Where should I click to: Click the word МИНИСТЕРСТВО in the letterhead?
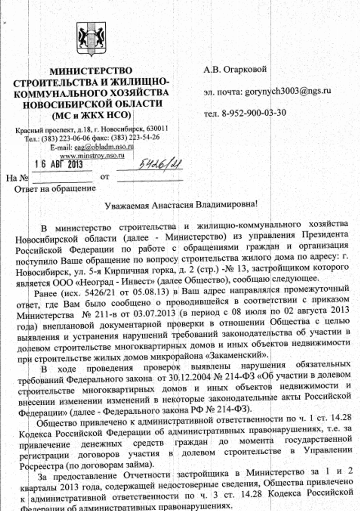(x=91, y=71)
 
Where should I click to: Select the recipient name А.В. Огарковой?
(x=235, y=69)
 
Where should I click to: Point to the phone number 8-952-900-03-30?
(x=254, y=113)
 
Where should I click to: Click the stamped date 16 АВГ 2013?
(x=59, y=164)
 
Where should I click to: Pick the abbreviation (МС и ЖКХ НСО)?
(x=91, y=114)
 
